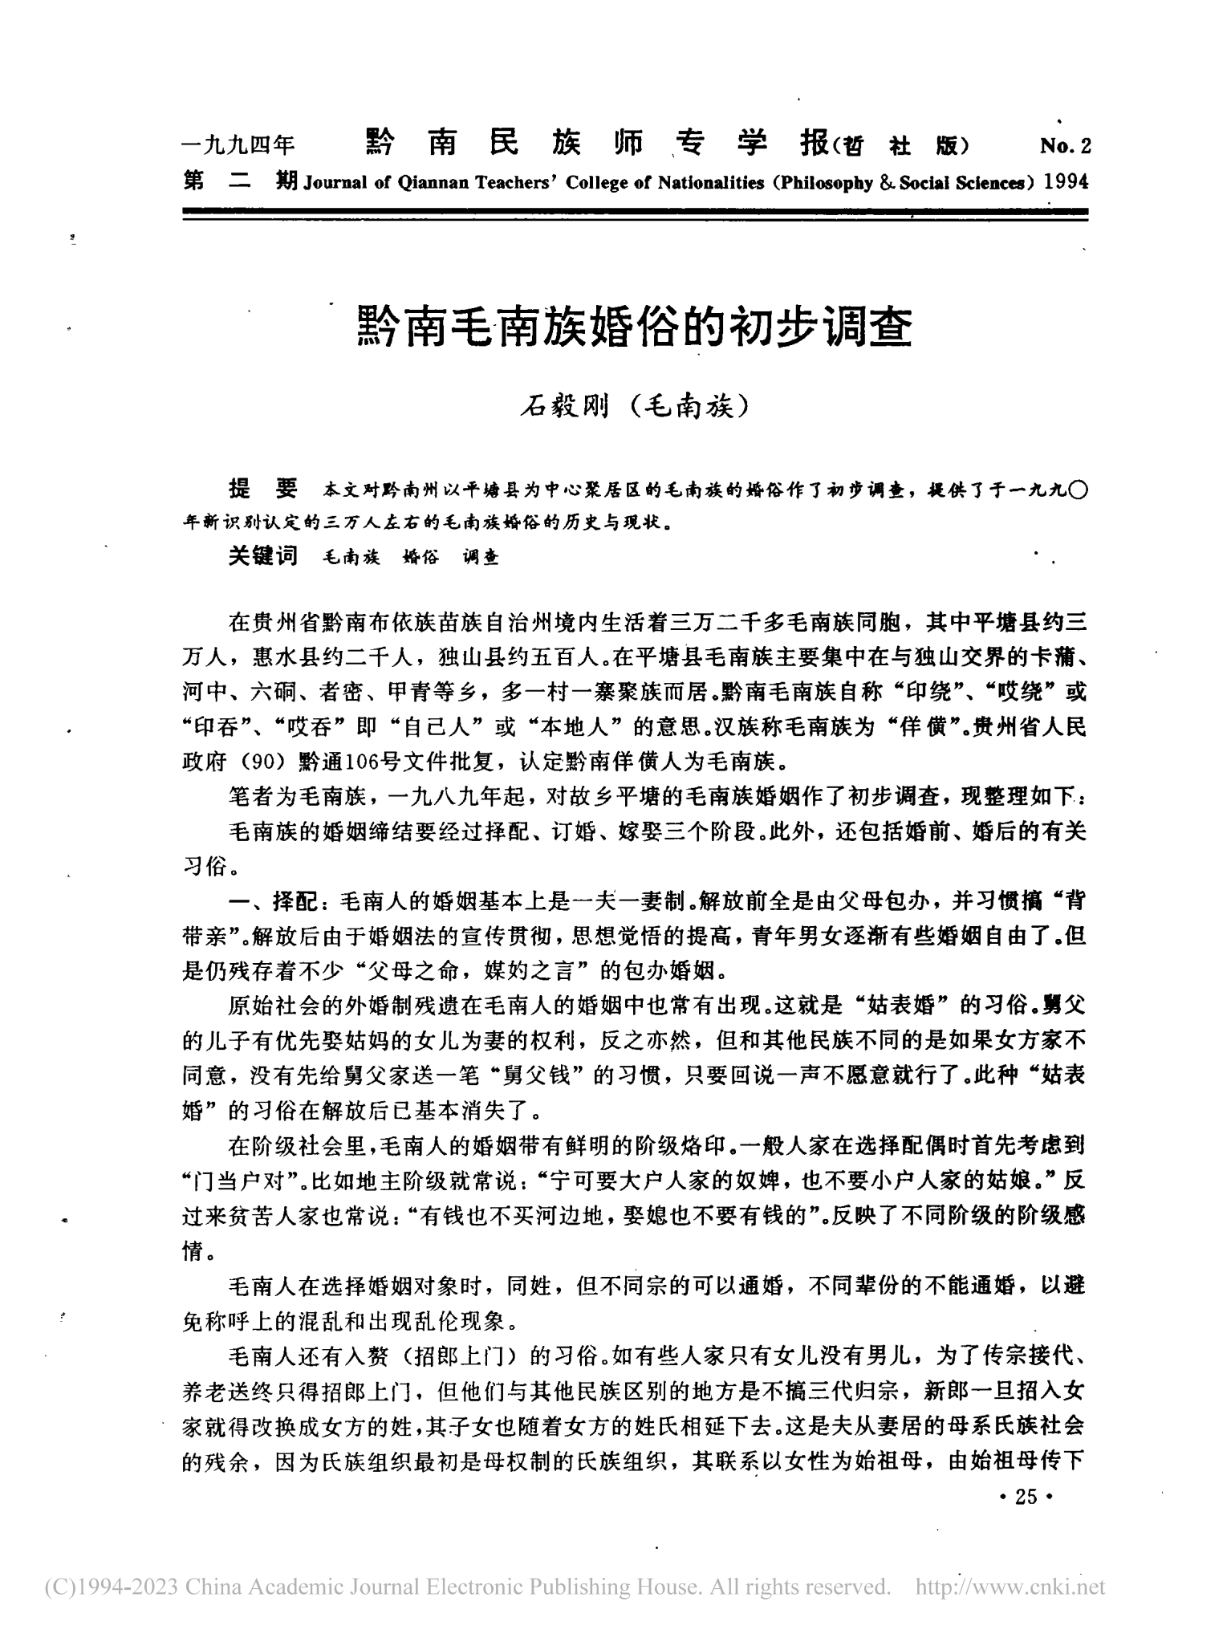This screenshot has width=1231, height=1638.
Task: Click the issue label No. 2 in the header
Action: [1065, 146]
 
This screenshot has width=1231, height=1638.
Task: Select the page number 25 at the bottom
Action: [1026, 1497]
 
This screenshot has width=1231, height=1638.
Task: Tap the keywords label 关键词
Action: [262, 556]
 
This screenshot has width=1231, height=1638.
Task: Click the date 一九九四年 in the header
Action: [239, 146]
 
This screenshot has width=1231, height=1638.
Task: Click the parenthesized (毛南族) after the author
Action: [687, 409]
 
